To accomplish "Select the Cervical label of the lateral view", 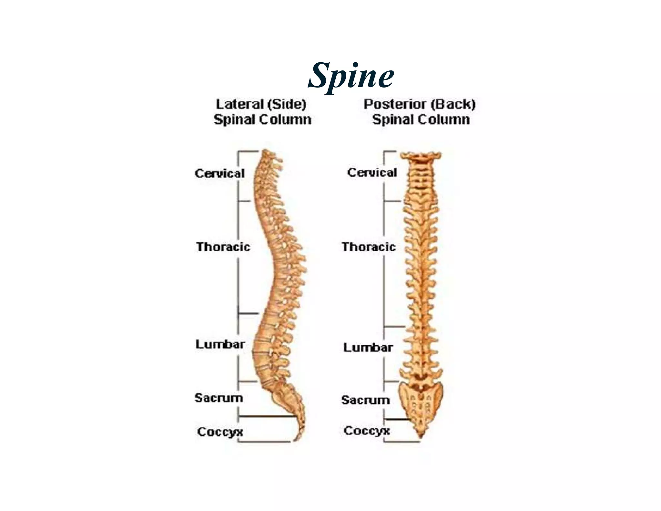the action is [x=219, y=174].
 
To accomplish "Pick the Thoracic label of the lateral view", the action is [x=223, y=247].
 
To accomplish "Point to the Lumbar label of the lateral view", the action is [x=220, y=344].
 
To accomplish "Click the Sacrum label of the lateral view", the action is [x=219, y=398].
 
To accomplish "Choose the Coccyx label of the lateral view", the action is [x=220, y=432].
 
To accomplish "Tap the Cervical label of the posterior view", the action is [x=372, y=172].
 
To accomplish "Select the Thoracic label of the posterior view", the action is [x=369, y=247].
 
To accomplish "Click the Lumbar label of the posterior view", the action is [x=368, y=348].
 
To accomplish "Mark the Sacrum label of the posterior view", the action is [x=365, y=400].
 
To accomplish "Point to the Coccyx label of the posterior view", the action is [x=367, y=431].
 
